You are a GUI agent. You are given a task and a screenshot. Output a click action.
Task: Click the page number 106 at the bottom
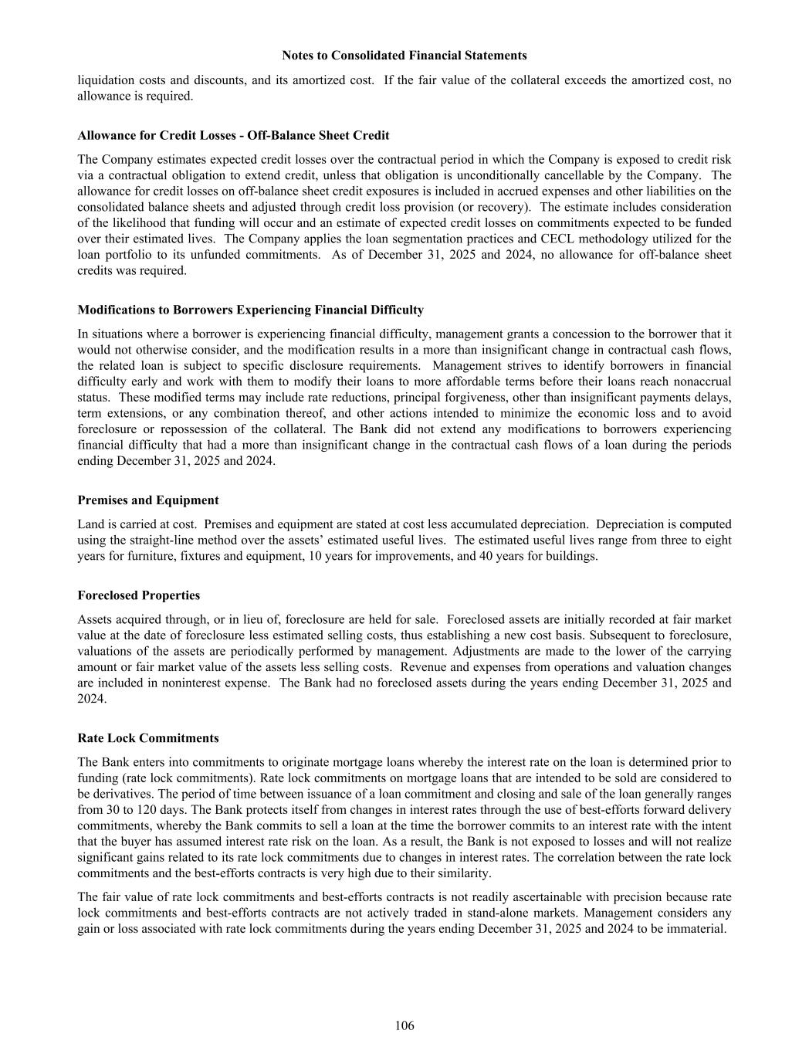pyautogui.click(x=404, y=1025)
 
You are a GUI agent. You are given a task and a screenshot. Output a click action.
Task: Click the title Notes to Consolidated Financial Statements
pyautogui.click(x=404, y=56)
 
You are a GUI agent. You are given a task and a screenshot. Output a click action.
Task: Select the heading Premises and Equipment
pyautogui.click(x=148, y=500)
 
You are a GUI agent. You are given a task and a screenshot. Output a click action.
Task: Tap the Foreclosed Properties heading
pyautogui.click(x=139, y=595)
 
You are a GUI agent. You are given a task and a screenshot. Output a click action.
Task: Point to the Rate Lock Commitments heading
pyautogui.click(x=148, y=738)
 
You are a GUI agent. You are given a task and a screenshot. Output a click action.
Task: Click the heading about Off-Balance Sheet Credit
pyautogui.click(x=233, y=135)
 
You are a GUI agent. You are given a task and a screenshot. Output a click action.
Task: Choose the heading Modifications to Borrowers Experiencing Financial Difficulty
pyautogui.click(x=250, y=310)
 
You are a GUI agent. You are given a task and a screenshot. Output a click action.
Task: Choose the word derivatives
pyautogui.click(x=124, y=794)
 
